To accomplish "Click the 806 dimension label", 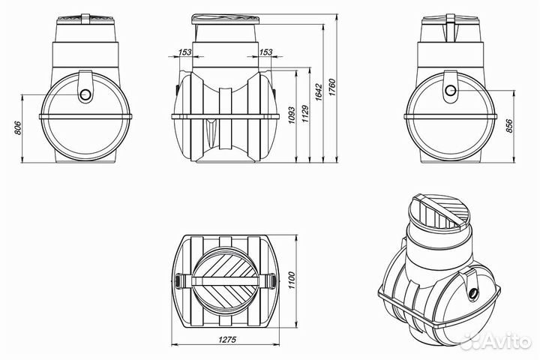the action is (19, 127).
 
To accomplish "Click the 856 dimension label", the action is (510, 126).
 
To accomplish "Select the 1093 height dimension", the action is (291, 115).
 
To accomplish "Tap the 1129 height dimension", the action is (304, 114).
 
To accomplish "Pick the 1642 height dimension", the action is (318, 91).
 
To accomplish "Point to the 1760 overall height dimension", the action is (331, 88).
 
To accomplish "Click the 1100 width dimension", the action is (292, 280).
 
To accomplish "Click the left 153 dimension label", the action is (185, 52).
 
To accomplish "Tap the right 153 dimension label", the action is (265, 52).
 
